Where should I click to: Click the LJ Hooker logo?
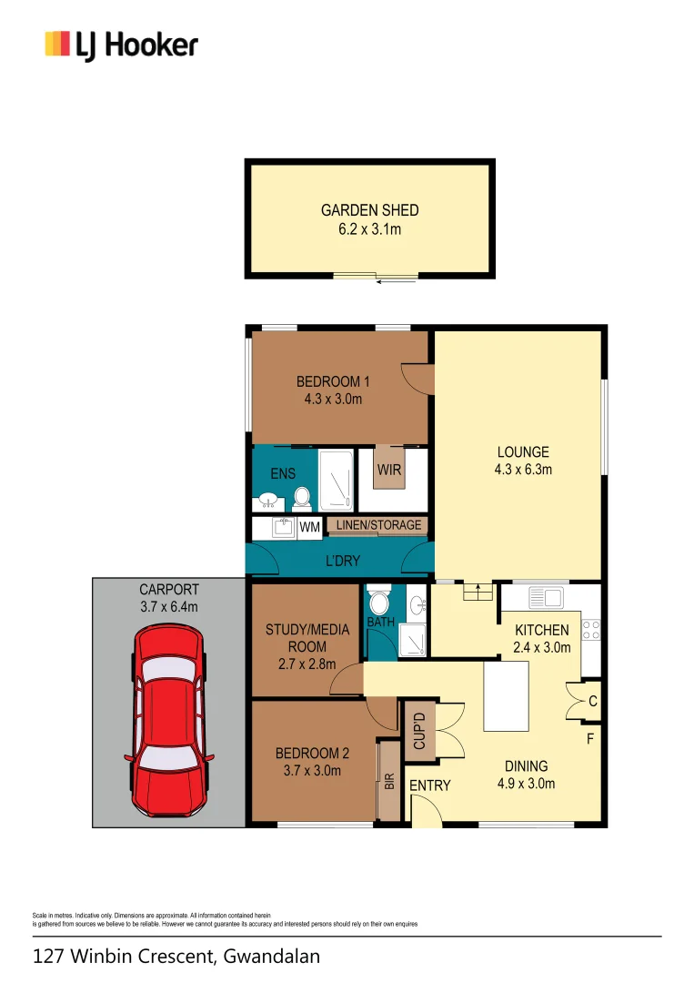pos(122,45)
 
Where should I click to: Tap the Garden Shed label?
pos(369,210)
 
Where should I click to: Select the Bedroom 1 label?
pos(333,381)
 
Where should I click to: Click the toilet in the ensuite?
pos(302,498)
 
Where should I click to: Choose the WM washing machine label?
pos(310,526)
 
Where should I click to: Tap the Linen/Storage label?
pos(378,525)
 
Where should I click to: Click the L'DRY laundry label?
pos(342,562)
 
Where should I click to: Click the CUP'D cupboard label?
pos(419,730)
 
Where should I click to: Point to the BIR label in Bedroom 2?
pos(389,781)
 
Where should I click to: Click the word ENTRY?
pos(429,785)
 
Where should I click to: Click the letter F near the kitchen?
pos(589,739)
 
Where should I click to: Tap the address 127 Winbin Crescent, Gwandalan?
pos(176,957)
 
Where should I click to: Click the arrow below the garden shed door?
pos(390,283)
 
